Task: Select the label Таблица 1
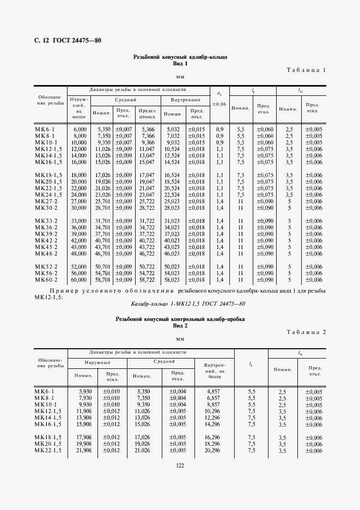306,70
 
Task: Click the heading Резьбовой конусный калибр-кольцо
180,57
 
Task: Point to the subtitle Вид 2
180,325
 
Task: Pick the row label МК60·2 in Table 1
47,280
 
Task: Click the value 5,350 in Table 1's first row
104,129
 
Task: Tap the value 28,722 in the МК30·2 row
147,208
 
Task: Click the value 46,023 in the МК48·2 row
173,253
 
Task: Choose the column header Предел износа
148,113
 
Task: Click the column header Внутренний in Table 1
185,100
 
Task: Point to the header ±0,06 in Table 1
219,104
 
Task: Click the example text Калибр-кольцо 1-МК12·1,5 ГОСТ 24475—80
180,303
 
